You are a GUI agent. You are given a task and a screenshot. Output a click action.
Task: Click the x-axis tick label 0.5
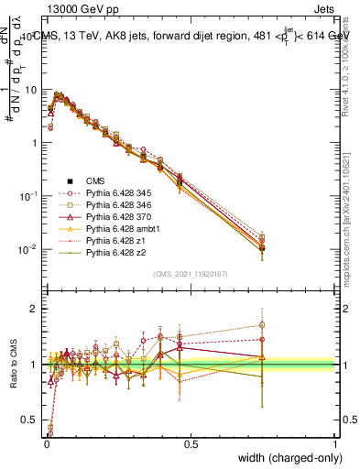[191, 444]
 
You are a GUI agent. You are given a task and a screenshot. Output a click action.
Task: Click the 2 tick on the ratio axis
[35, 309]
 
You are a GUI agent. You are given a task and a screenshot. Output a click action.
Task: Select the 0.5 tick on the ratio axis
[31, 420]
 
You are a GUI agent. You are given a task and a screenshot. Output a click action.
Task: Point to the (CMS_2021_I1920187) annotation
[191, 274]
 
